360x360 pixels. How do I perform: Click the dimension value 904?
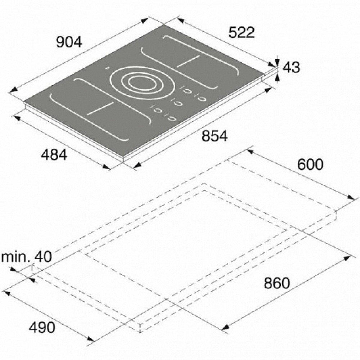[69, 42]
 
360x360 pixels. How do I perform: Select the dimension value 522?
[242, 32]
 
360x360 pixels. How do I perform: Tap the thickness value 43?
[291, 67]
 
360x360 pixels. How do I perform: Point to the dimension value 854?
[215, 136]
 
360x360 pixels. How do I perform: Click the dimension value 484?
[54, 154]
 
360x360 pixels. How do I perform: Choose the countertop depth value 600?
[310, 164]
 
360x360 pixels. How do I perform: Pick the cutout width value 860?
[276, 283]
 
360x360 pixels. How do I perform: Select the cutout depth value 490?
[42, 327]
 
